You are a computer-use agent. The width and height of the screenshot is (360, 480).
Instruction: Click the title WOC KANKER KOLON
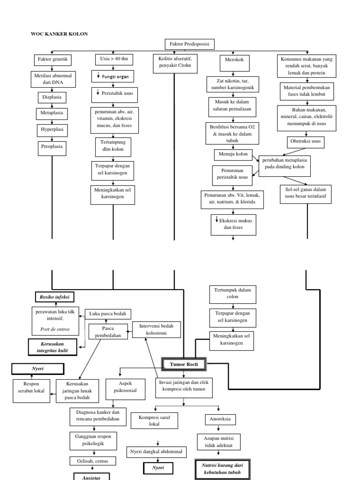[59, 34]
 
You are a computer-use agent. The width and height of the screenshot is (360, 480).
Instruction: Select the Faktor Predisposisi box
[190, 45]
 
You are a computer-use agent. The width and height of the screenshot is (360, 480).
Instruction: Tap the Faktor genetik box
[52, 60]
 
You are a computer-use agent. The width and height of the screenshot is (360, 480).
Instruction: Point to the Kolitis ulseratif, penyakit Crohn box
[175, 64]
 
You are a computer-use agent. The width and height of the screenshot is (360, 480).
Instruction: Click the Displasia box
[52, 97]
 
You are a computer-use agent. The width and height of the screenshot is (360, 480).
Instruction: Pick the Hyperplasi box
[52, 130]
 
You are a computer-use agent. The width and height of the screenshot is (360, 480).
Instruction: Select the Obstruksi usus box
[305, 141]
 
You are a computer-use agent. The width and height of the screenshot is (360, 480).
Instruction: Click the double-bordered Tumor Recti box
[183, 364]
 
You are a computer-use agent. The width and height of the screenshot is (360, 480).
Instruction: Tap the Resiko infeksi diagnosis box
[54, 297]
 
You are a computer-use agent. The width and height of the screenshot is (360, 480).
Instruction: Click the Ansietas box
[91, 476]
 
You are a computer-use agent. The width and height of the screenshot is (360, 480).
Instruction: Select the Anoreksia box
[220, 420]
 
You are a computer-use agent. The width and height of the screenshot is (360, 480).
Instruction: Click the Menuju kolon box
[232, 154]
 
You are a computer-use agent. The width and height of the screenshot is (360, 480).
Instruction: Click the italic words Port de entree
[55, 329]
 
